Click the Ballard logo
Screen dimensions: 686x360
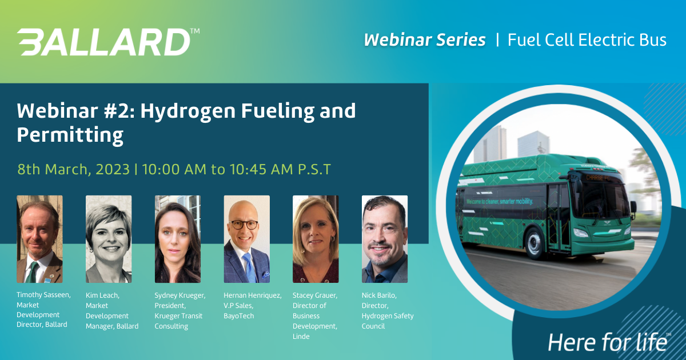click(108, 42)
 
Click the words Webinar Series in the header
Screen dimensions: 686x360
click(425, 40)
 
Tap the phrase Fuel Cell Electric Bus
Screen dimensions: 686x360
click(587, 40)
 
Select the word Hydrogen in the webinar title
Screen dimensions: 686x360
click(188, 111)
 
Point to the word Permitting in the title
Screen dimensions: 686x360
click(70, 135)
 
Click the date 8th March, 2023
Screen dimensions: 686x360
click(74, 169)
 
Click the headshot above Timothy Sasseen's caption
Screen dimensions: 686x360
click(39, 239)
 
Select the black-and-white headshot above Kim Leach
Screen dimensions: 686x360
click(109, 239)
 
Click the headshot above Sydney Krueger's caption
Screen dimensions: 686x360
click(178, 239)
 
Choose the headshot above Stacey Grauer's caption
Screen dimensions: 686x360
click(316, 239)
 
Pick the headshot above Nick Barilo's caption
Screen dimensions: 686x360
click(385, 239)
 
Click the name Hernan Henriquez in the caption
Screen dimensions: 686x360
click(253, 296)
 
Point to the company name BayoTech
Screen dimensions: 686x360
click(239, 316)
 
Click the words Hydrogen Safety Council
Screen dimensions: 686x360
click(388, 321)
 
